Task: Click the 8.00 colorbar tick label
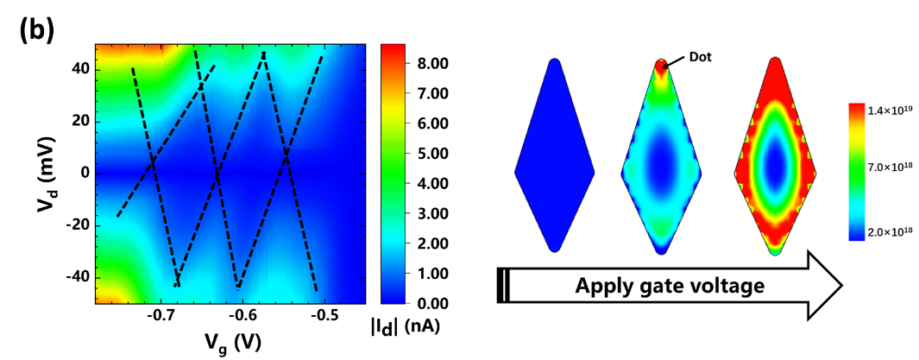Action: tap(431, 64)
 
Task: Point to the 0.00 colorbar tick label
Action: tap(431, 304)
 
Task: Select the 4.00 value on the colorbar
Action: tap(431, 184)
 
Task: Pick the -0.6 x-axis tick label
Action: tap(242, 316)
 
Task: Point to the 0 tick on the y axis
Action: tap(85, 173)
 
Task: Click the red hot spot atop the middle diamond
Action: tap(661, 70)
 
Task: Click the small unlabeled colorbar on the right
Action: tap(857, 170)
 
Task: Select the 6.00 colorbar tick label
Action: tap(431, 123)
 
